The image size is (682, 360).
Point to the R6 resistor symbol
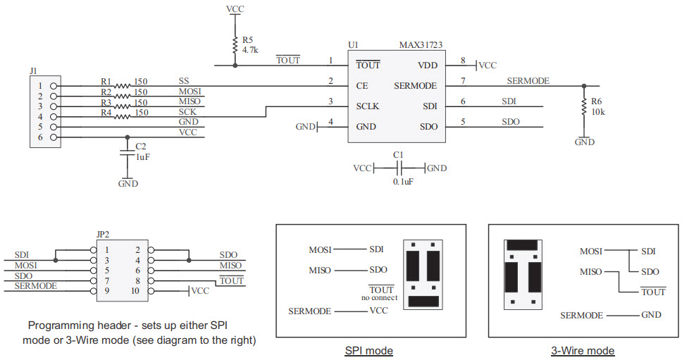point(583,107)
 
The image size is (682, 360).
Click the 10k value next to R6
point(597,113)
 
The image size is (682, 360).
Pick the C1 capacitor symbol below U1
point(399,168)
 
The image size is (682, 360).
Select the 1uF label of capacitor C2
point(143,157)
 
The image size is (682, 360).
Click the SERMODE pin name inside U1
point(416,86)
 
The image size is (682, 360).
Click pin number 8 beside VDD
point(462,61)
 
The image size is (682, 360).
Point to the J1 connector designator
point(35,71)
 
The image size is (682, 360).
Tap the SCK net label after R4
point(188,112)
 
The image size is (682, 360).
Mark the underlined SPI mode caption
point(369,350)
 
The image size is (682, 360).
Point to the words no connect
point(380,298)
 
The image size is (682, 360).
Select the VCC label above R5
point(235,9)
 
